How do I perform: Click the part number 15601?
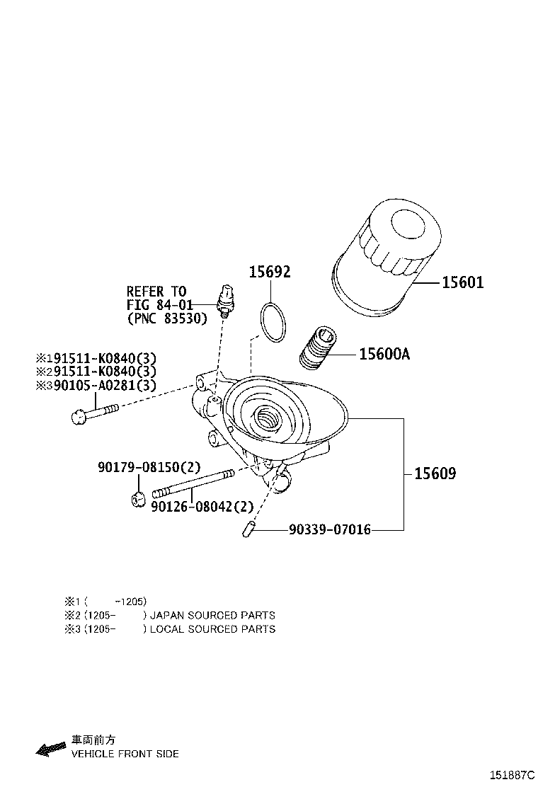(x=462, y=283)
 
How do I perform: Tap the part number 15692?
(x=269, y=272)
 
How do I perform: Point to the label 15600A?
(x=384, y=354)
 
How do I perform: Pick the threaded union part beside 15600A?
(x=318, y=349)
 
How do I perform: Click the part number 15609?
(x=435, y=473)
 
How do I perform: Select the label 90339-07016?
(x=329, y=529)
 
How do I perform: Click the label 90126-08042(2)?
(x=202, y=507)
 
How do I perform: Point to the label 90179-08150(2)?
(x=149, y=467)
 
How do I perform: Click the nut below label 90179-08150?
(x=139, y=497)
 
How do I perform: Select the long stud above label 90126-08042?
(x=193, y=484)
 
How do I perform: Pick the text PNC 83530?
(x=168, y=318)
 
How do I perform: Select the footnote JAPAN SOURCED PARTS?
(x=212, y=615)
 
